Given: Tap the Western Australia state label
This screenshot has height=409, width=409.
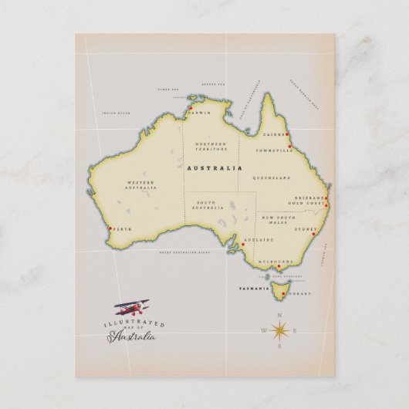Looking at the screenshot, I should [x=141, y=185].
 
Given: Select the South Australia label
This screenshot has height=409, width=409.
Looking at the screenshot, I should [x=208, y=206].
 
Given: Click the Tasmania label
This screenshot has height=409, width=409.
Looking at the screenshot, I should [x=255, y=288].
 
